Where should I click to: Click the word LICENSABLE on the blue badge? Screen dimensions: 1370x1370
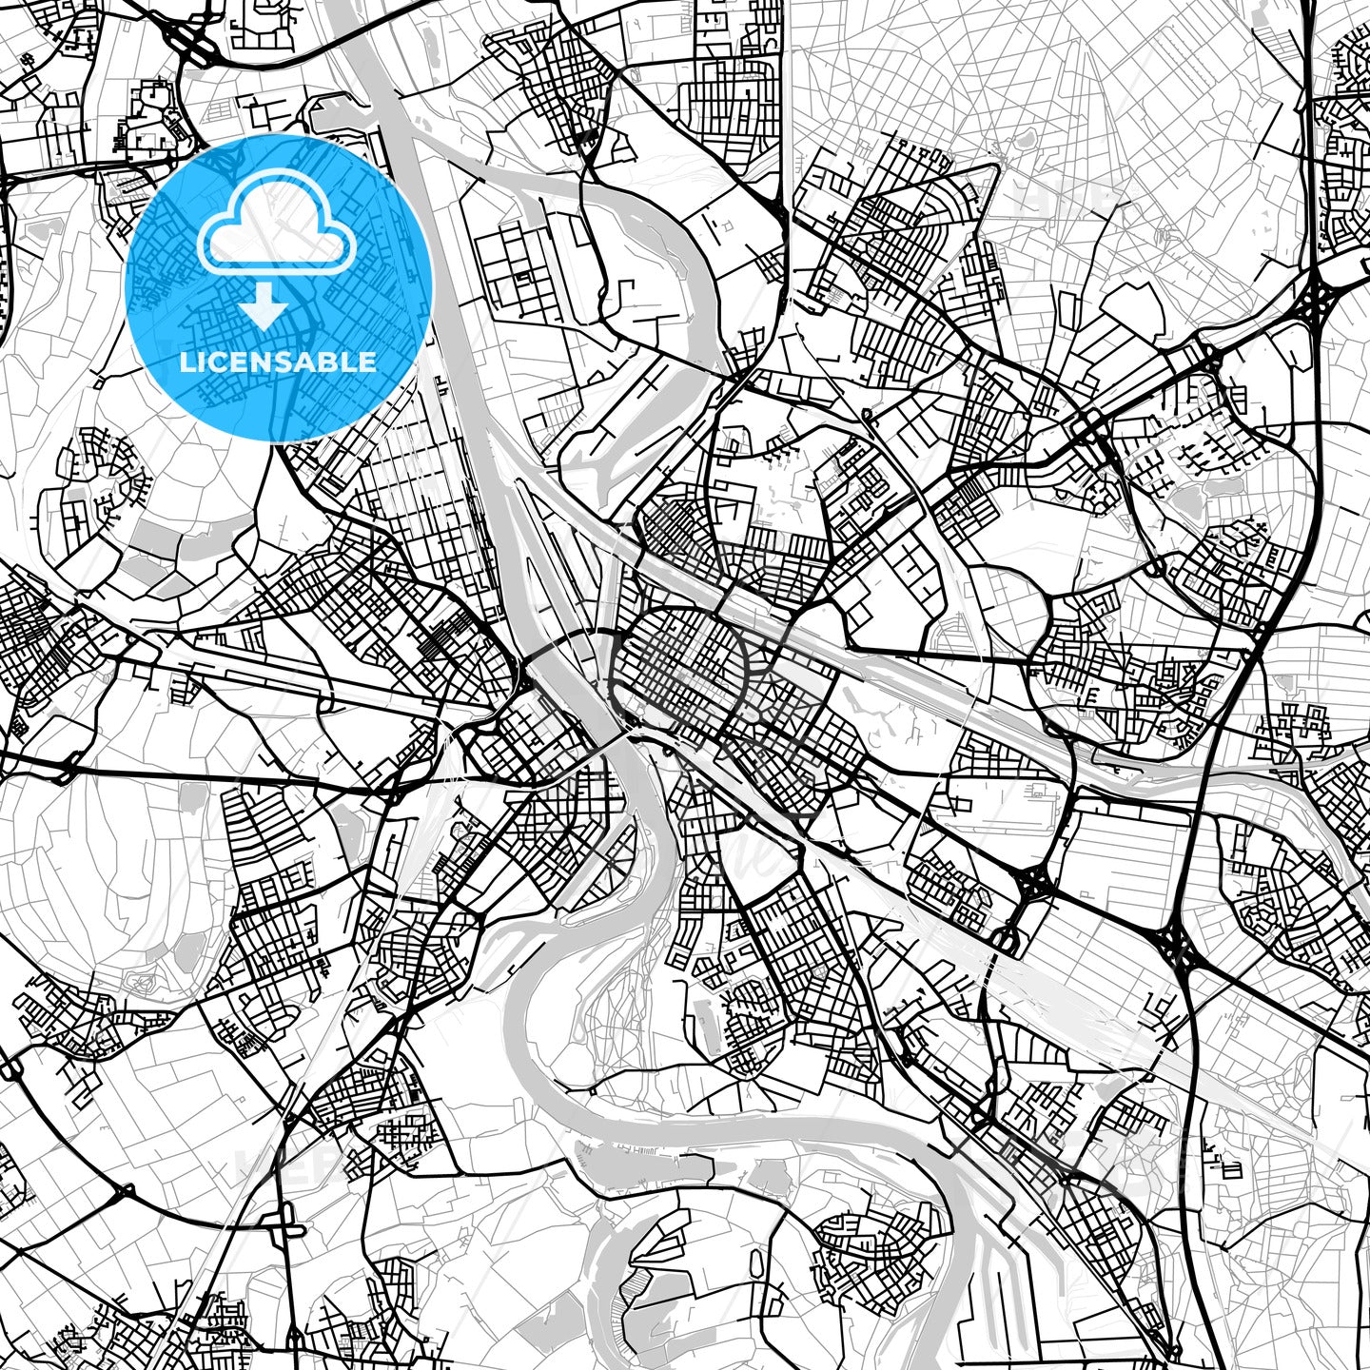pos(279,362)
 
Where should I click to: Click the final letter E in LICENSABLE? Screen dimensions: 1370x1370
pos(369,362)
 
